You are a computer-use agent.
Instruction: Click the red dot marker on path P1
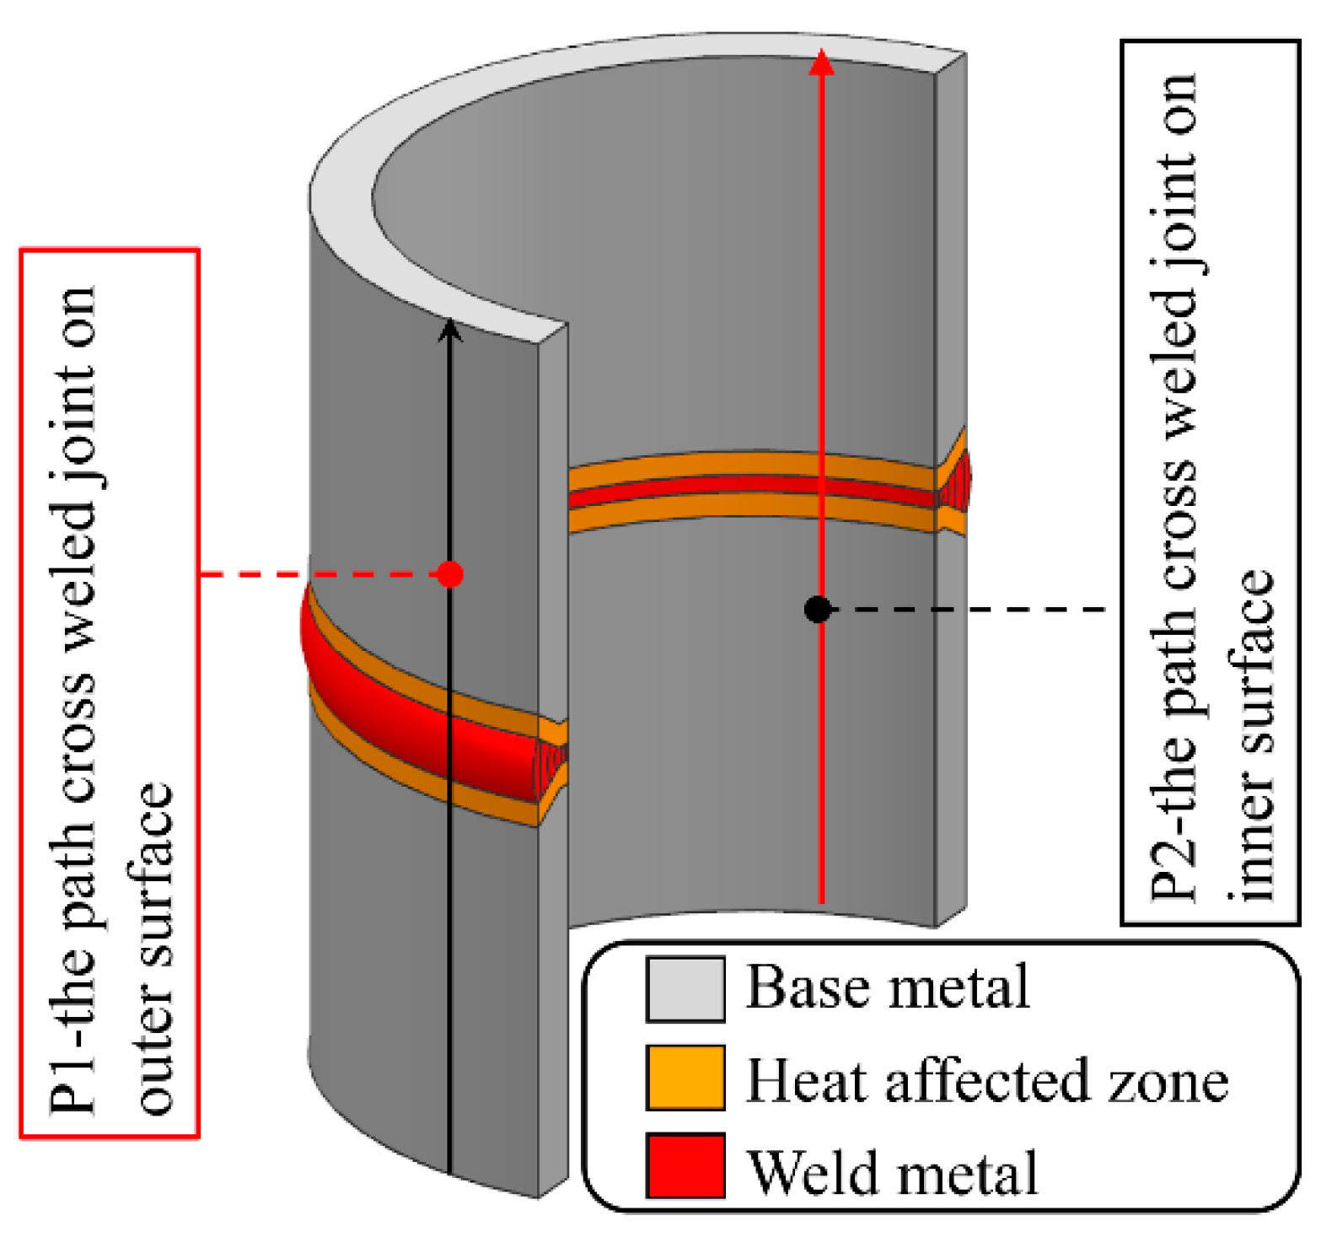click(450, 575)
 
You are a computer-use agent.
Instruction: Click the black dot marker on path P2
click(817, 609)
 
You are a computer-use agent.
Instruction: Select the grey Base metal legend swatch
click(685, 989)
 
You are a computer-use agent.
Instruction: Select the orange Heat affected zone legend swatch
click(685, 1078)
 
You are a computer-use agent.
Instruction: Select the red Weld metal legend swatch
click(685, 1166)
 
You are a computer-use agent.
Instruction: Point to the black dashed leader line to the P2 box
click(969, 609)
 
